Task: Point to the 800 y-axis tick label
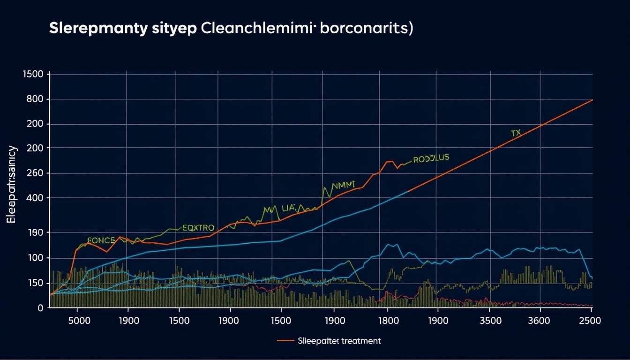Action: click(35, 99)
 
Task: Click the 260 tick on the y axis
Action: click(35, 173)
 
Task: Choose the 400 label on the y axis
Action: click(35, 198)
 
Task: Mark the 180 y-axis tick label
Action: click(35, 233)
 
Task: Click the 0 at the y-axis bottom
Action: click(40, 308)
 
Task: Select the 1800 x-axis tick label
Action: click(388, 322)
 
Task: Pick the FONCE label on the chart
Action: click(101, 240)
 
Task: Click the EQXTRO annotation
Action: click(198, 228)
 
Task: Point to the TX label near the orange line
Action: click(516, 133)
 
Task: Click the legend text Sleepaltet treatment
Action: click(339, 341)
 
